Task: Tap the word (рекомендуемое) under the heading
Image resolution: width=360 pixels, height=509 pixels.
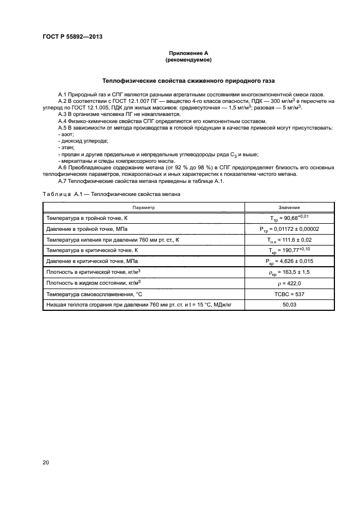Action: tap(188, 60)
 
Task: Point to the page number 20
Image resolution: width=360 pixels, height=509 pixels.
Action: tap(46, 463)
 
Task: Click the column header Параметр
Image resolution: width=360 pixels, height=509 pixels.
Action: tap(144, 207)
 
